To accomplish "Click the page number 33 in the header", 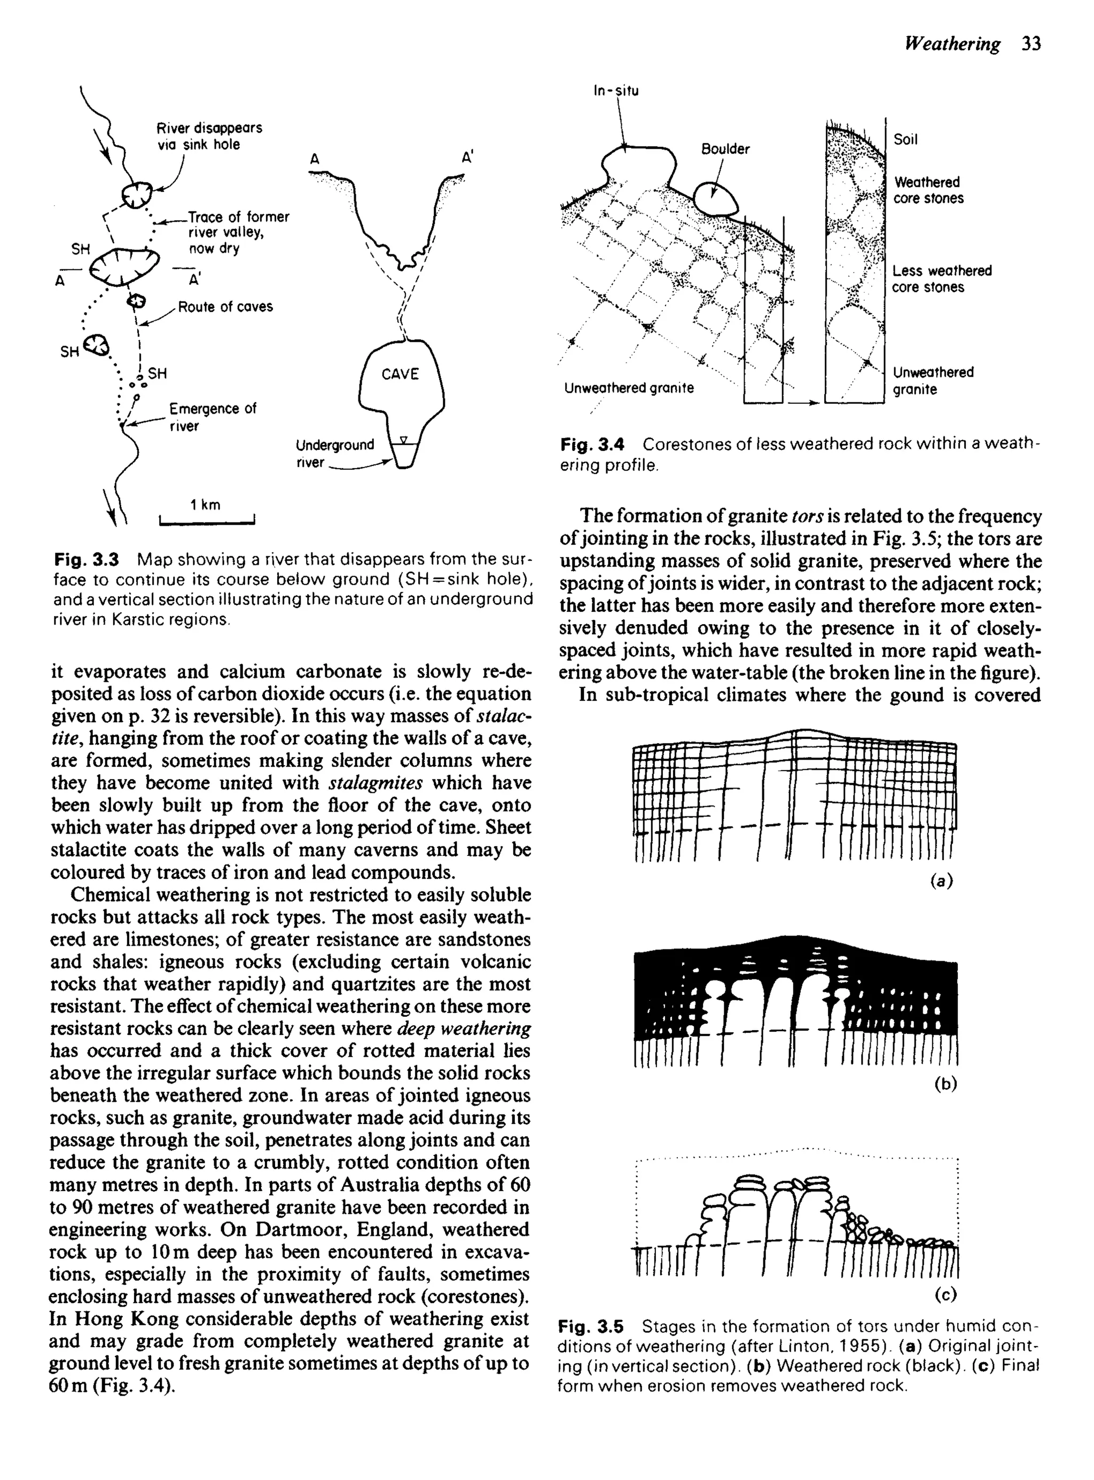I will (1031, 44).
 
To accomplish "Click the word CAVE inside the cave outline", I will (400, 374).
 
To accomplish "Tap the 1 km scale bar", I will (207, 523).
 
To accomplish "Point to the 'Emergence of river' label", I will (212, 417).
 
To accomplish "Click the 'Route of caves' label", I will (225, 307).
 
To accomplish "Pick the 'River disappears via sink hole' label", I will (209, 136).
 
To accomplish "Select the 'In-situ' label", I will (616, 91).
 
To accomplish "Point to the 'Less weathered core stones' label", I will (941, 279).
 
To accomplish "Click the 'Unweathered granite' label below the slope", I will (628, 388).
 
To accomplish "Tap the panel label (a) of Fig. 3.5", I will (941, 881).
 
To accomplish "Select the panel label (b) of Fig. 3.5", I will (945, 1084).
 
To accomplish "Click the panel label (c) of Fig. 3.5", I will (945, 1294).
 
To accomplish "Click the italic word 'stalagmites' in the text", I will (376, 783).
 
